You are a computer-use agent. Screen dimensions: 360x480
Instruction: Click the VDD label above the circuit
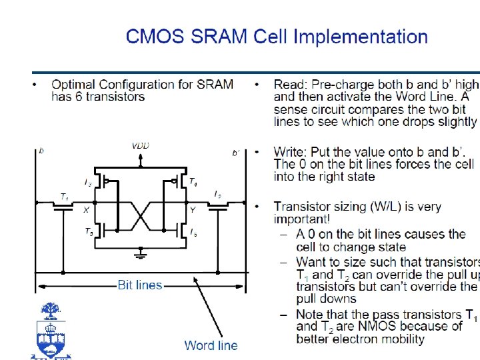[140, 145]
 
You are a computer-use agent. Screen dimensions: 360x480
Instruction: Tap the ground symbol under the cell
[140, 254]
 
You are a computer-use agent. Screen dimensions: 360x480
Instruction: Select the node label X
[86, 209]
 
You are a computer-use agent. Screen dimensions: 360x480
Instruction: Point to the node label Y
[193, 209]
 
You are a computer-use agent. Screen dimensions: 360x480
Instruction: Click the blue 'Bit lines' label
[140, 285]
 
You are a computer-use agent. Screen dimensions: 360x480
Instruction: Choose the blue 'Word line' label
[211, 345]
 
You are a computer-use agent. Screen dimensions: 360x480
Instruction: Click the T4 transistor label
[192, 181]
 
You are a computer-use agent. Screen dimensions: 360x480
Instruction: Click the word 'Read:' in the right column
[290, 85]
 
